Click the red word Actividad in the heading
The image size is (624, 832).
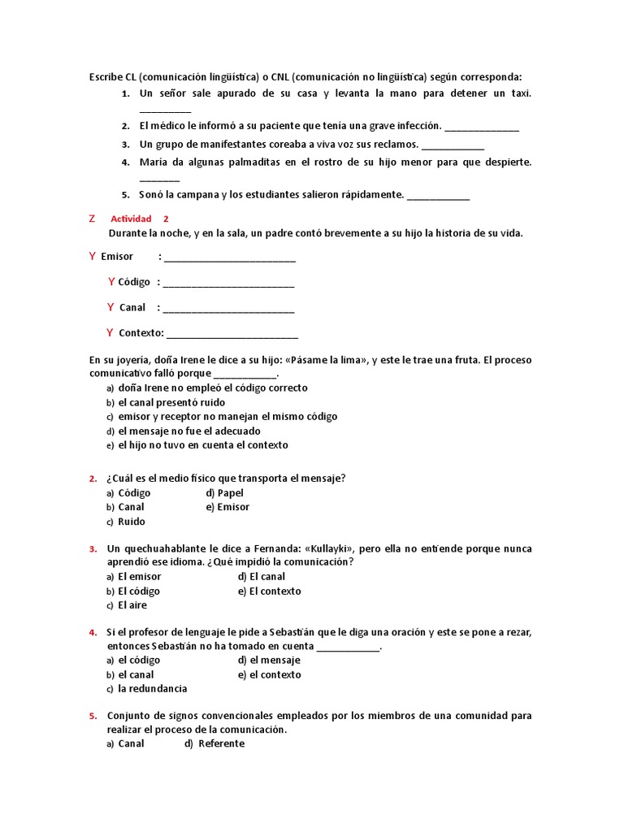tap(131, 219)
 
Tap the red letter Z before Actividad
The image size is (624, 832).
tap(92, 219)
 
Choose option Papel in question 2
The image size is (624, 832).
tap(230, 492)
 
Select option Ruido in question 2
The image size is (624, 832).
tap(131, 522)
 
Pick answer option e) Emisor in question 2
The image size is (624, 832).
tap(232, 507)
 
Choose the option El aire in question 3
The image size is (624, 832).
tap(132, 605)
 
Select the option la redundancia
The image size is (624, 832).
tap(152, 689)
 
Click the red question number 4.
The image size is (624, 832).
tap(93, 633)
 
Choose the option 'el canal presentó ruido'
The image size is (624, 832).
tap(171, 402)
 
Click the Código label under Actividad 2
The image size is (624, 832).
tap(134, 282)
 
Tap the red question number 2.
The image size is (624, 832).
tap(93, 479)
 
